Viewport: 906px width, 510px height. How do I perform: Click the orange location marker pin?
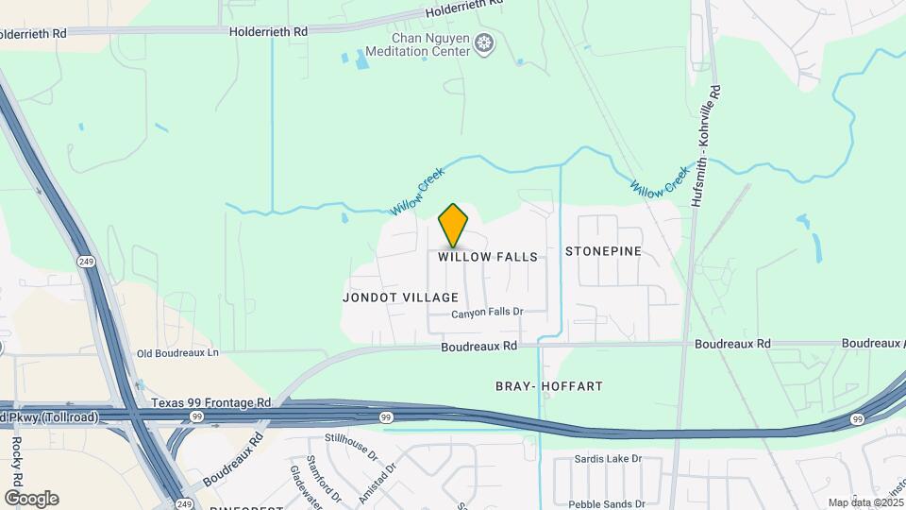coord(454,226)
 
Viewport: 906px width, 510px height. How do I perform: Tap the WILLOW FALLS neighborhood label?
coord(488,257)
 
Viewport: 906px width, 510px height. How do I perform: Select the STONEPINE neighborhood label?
coord(603,251)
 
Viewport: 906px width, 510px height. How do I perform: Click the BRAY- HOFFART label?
coord(549,385)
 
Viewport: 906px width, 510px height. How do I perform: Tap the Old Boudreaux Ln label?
coord(177,353)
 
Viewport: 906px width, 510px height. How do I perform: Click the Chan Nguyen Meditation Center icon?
coord(485,43)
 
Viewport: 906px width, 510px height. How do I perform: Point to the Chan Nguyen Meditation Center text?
coord(430,45)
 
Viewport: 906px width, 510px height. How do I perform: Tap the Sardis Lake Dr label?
coord(608,459)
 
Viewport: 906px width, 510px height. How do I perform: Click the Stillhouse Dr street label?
coord(351,444)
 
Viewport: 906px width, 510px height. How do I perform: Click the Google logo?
coord(31,499)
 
